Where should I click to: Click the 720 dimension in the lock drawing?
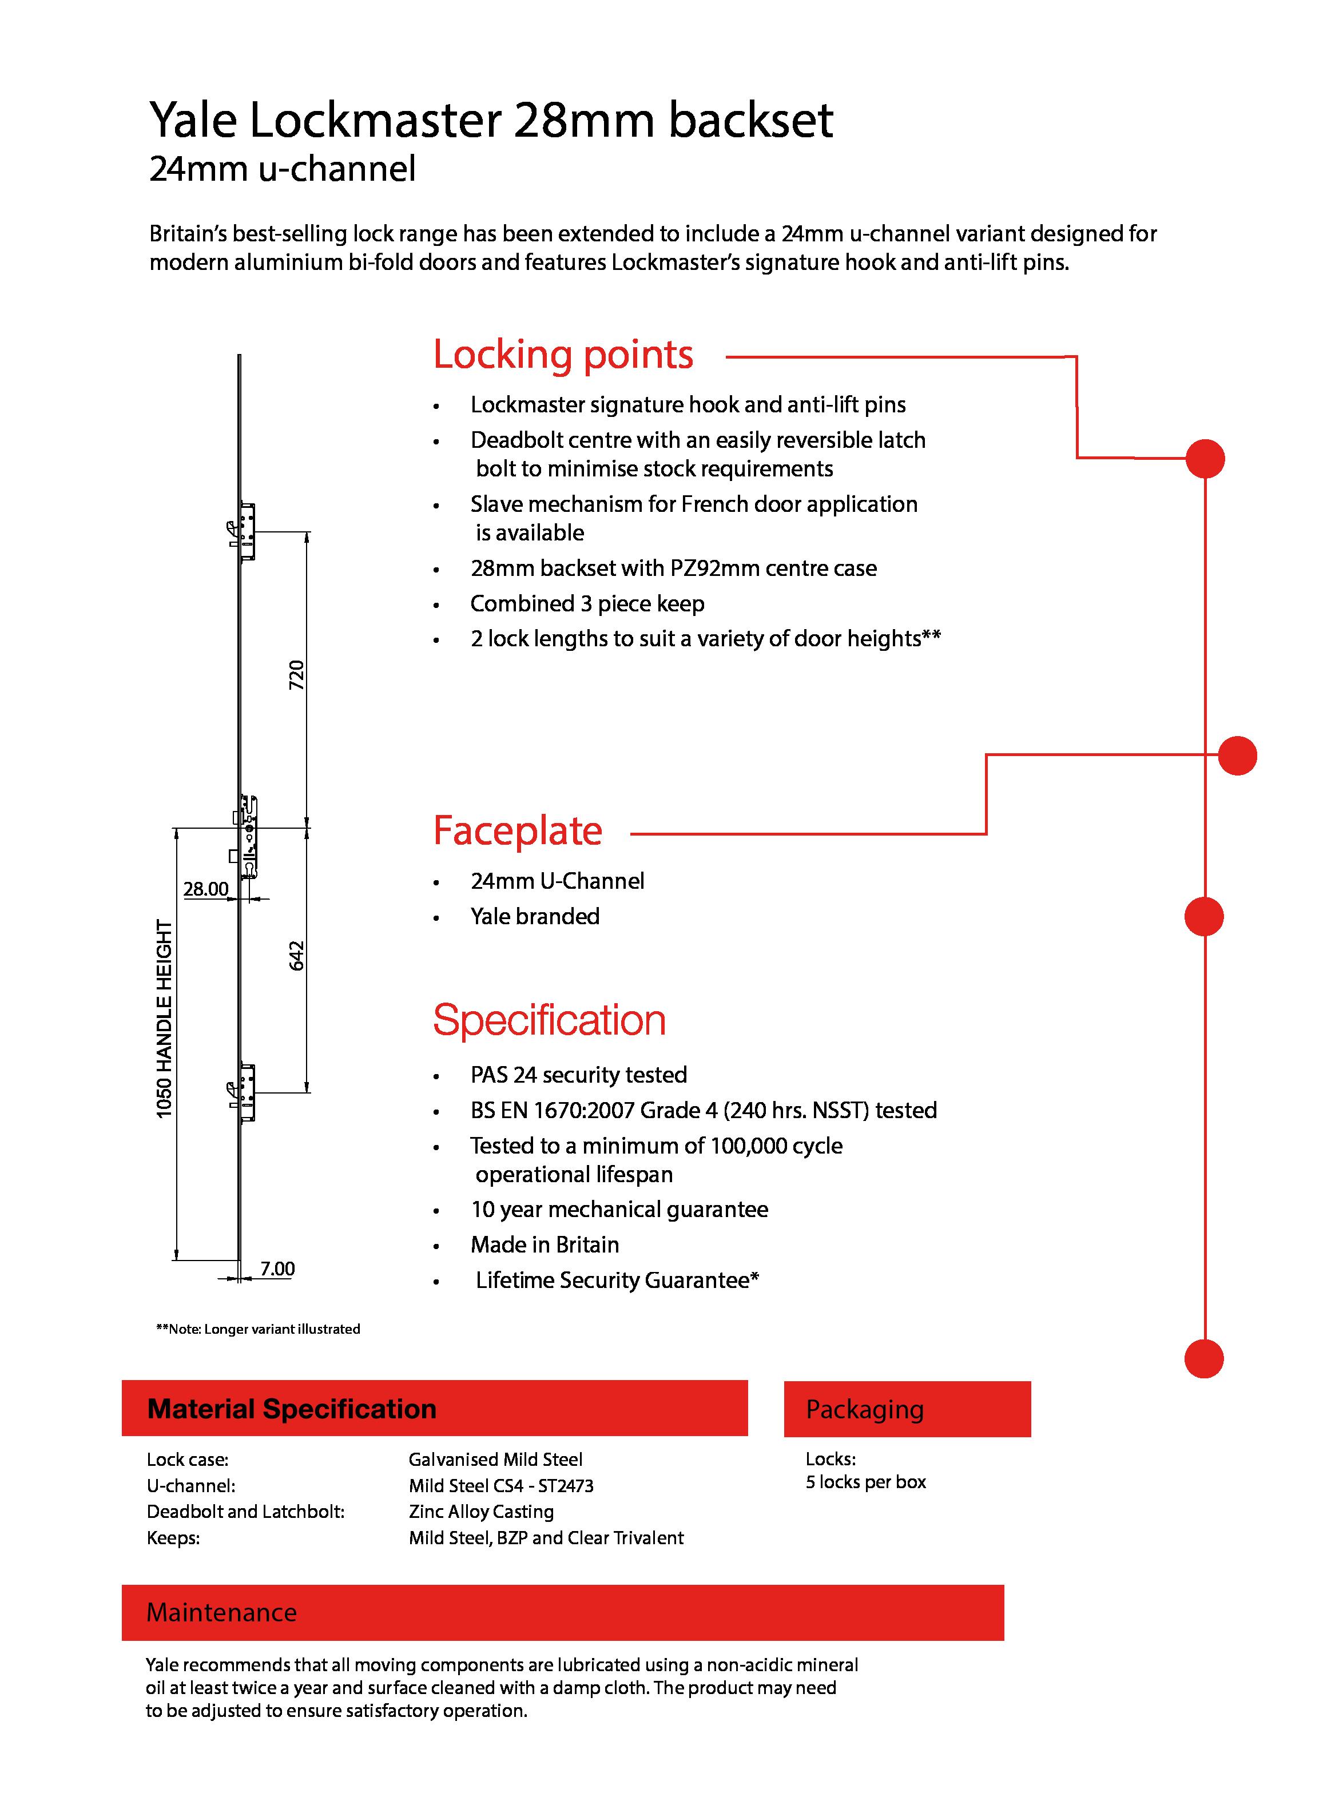(297, 675)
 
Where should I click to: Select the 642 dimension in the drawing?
(297, 955)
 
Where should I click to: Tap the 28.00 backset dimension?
(206, 889)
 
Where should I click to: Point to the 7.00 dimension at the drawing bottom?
(277, 1269)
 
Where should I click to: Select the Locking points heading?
(563, 355)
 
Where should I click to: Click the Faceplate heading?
(518, 830)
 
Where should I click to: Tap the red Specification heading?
(550, 1020)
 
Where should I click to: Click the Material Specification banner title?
(292, 1409)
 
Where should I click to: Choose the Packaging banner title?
(865, 1409)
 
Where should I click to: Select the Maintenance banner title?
(221, 1613)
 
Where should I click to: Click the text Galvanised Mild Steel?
(495, 1459)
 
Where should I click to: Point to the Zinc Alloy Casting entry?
(481, 1512)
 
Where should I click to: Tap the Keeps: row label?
(173, 1537)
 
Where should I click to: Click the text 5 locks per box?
(865, 1482)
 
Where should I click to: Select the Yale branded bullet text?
(535, 916)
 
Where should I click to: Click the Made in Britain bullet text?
(545, 1245)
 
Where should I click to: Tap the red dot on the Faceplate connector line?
(1237, 756)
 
